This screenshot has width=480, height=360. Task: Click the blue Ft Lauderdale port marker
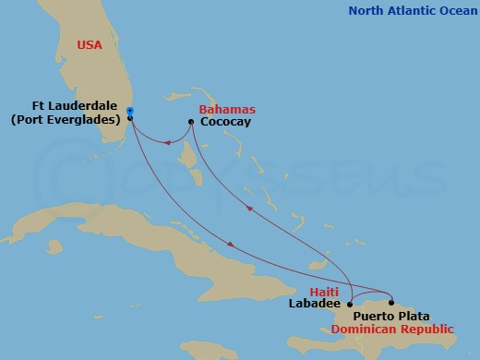point(130,112)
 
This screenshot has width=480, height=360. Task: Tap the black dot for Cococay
point(191,121)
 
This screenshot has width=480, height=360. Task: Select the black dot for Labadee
point(350,303)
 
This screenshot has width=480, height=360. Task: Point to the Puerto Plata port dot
point(392,303)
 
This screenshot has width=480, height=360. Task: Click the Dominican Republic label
point(392,328)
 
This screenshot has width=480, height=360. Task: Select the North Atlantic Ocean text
point(413,11)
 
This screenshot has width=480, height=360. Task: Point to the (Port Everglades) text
point(67,119)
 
